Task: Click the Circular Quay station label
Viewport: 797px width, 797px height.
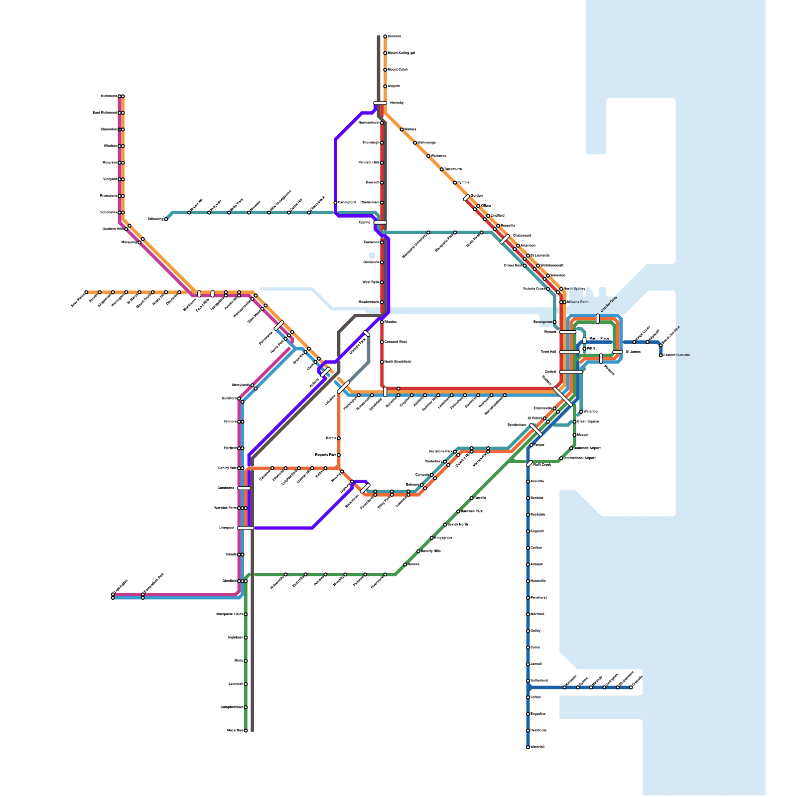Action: pos(609,304)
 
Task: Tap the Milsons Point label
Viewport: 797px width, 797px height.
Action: pos(578,302)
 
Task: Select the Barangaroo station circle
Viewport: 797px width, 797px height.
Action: pos(554,322)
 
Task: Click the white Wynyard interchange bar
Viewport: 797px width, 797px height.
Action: pos(567,332)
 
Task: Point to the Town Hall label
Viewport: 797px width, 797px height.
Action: pos(548,352)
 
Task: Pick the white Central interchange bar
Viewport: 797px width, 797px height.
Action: pos(570,372)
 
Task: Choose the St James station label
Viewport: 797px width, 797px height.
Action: pos(633,352)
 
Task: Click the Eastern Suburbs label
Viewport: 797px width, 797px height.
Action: pos(676,355)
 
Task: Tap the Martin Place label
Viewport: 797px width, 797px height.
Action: pos(599,339)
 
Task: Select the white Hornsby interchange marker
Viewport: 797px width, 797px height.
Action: pos(380,103)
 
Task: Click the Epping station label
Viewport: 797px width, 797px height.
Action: pos(365,223)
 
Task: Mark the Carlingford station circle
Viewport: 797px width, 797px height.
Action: pos(335,203)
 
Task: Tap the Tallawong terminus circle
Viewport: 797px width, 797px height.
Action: pos(166,219)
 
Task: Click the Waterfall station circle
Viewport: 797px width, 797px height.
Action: pos(528,747)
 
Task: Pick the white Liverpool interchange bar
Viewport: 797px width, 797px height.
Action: pos(246,528)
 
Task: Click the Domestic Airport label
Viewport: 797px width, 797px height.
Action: pos(587,448)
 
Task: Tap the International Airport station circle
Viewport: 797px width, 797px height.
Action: pos(561,458)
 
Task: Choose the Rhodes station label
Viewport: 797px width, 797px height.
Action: pos(391,322)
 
